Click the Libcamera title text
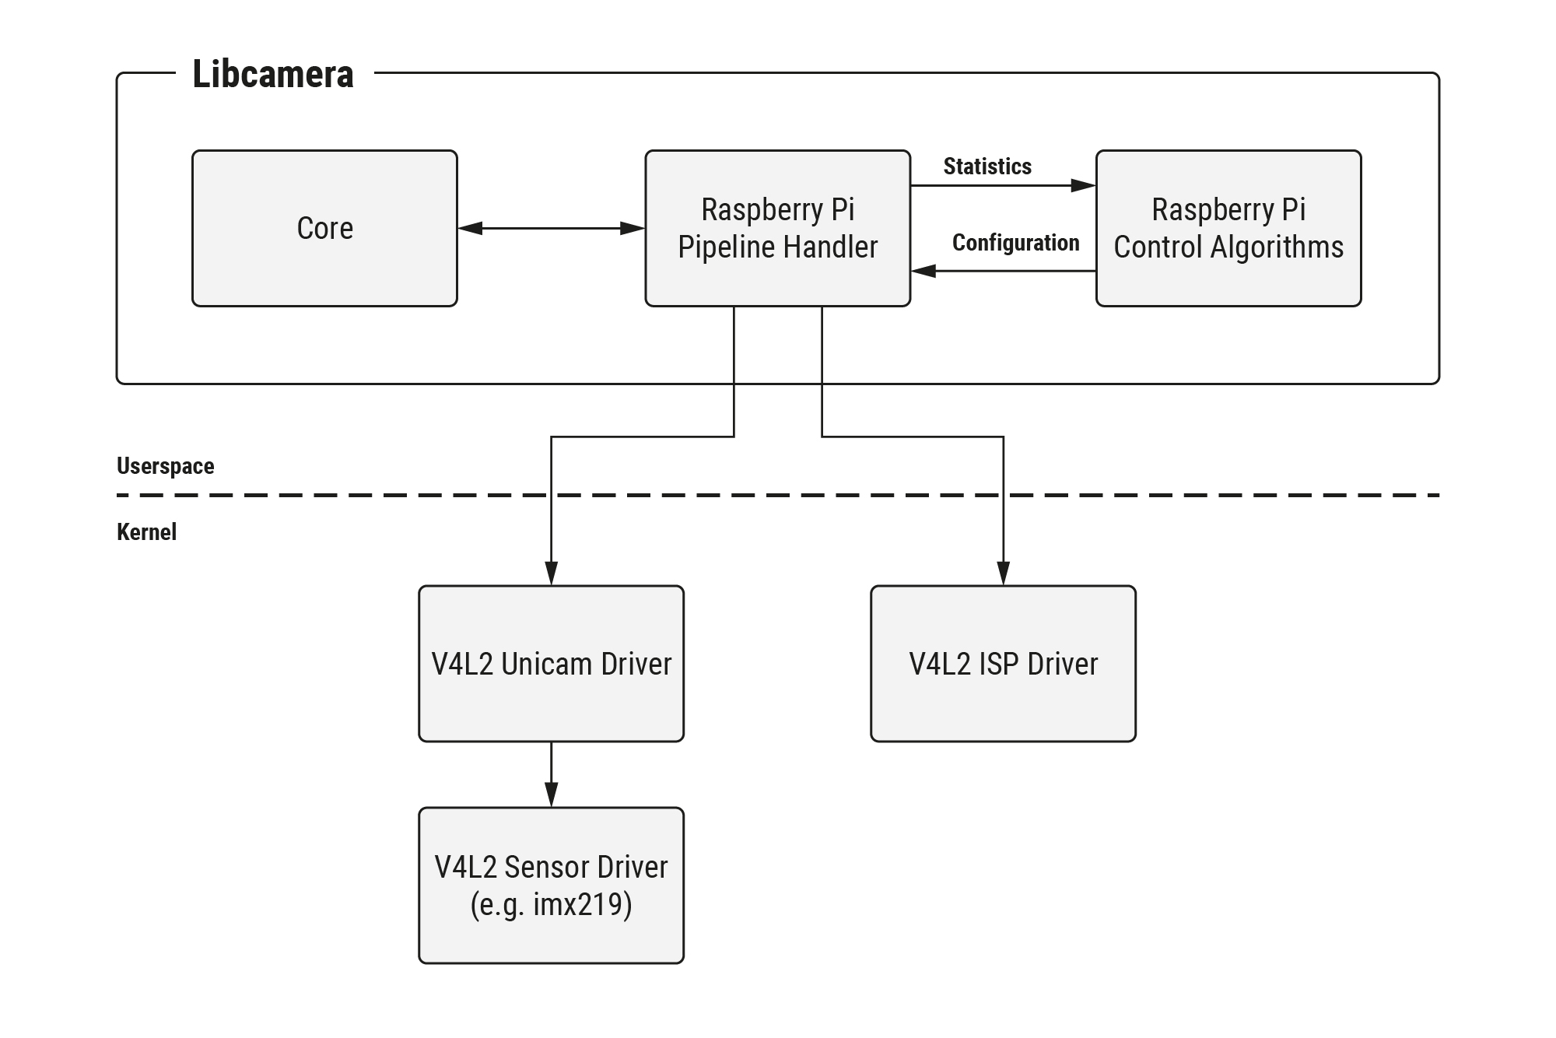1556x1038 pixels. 272,75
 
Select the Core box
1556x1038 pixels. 324,228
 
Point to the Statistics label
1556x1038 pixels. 987,167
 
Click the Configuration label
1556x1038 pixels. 1015,243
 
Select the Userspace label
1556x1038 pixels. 165,466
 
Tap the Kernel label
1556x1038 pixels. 146,532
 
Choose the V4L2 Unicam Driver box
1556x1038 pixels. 551,664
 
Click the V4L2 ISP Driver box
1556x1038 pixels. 1003,664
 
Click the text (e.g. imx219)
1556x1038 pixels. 551,905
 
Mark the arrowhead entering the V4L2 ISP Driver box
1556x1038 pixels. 1003,573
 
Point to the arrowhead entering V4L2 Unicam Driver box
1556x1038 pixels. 551,573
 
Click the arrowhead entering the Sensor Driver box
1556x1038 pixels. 551,795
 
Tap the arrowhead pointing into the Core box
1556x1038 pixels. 470,228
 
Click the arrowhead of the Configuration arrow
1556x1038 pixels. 923,271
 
